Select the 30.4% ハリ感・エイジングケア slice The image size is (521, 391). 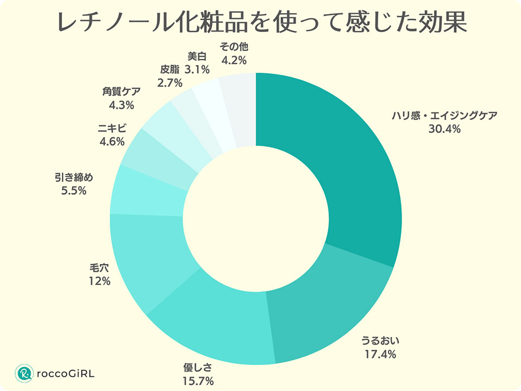click(x=347, y=163)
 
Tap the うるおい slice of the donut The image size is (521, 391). click(x=331, y=304)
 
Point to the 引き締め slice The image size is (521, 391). click(x=147, y=190)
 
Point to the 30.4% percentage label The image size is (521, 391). click(x=444, y=129)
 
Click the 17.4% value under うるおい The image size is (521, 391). click(x=380, y=355)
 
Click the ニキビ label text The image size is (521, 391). click(x=112, y=129)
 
